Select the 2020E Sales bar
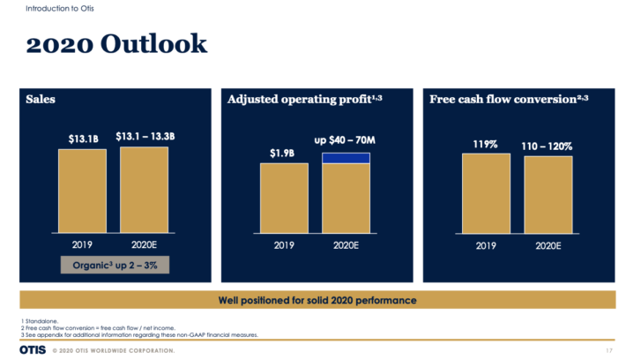(144, 189)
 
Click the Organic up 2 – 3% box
(114, 264)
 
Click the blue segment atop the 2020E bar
(345, 158)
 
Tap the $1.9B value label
(284, 154)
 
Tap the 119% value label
(486, 142)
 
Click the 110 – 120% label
(548, 145)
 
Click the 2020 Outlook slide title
(116, 44)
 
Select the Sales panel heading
(41, 99)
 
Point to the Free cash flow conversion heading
(509, 99)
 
